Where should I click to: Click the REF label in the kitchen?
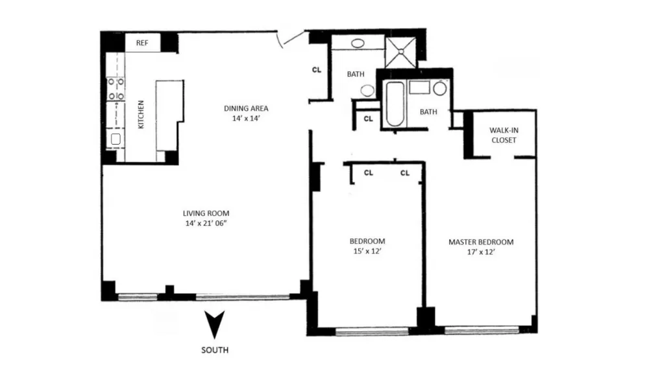(x=142, y=43)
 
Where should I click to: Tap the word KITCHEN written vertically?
(x=141, y=115)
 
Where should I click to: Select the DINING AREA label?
(x=246, y=108)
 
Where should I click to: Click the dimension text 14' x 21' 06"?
(x=206, y=224)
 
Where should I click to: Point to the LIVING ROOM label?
(x=206, y=213)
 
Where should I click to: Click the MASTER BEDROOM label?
(x=481, y=242)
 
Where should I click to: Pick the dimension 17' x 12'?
(x=481, y=252)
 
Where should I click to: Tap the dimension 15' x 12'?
(x=367, y=251)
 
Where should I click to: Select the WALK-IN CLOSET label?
(x=504, y=135)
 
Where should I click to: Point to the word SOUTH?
(x=215, y=350)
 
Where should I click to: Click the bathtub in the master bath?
(x=395, y=104)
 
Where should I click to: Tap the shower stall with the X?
(x=400, y=52)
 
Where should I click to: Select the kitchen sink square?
(x=116, y=139)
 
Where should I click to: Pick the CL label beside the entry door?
(x=317, y=70)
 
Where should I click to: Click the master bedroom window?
(x=482, y=330)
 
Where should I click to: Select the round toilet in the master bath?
(x=440, y=88)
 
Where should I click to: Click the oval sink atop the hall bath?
(x=358, y=43)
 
